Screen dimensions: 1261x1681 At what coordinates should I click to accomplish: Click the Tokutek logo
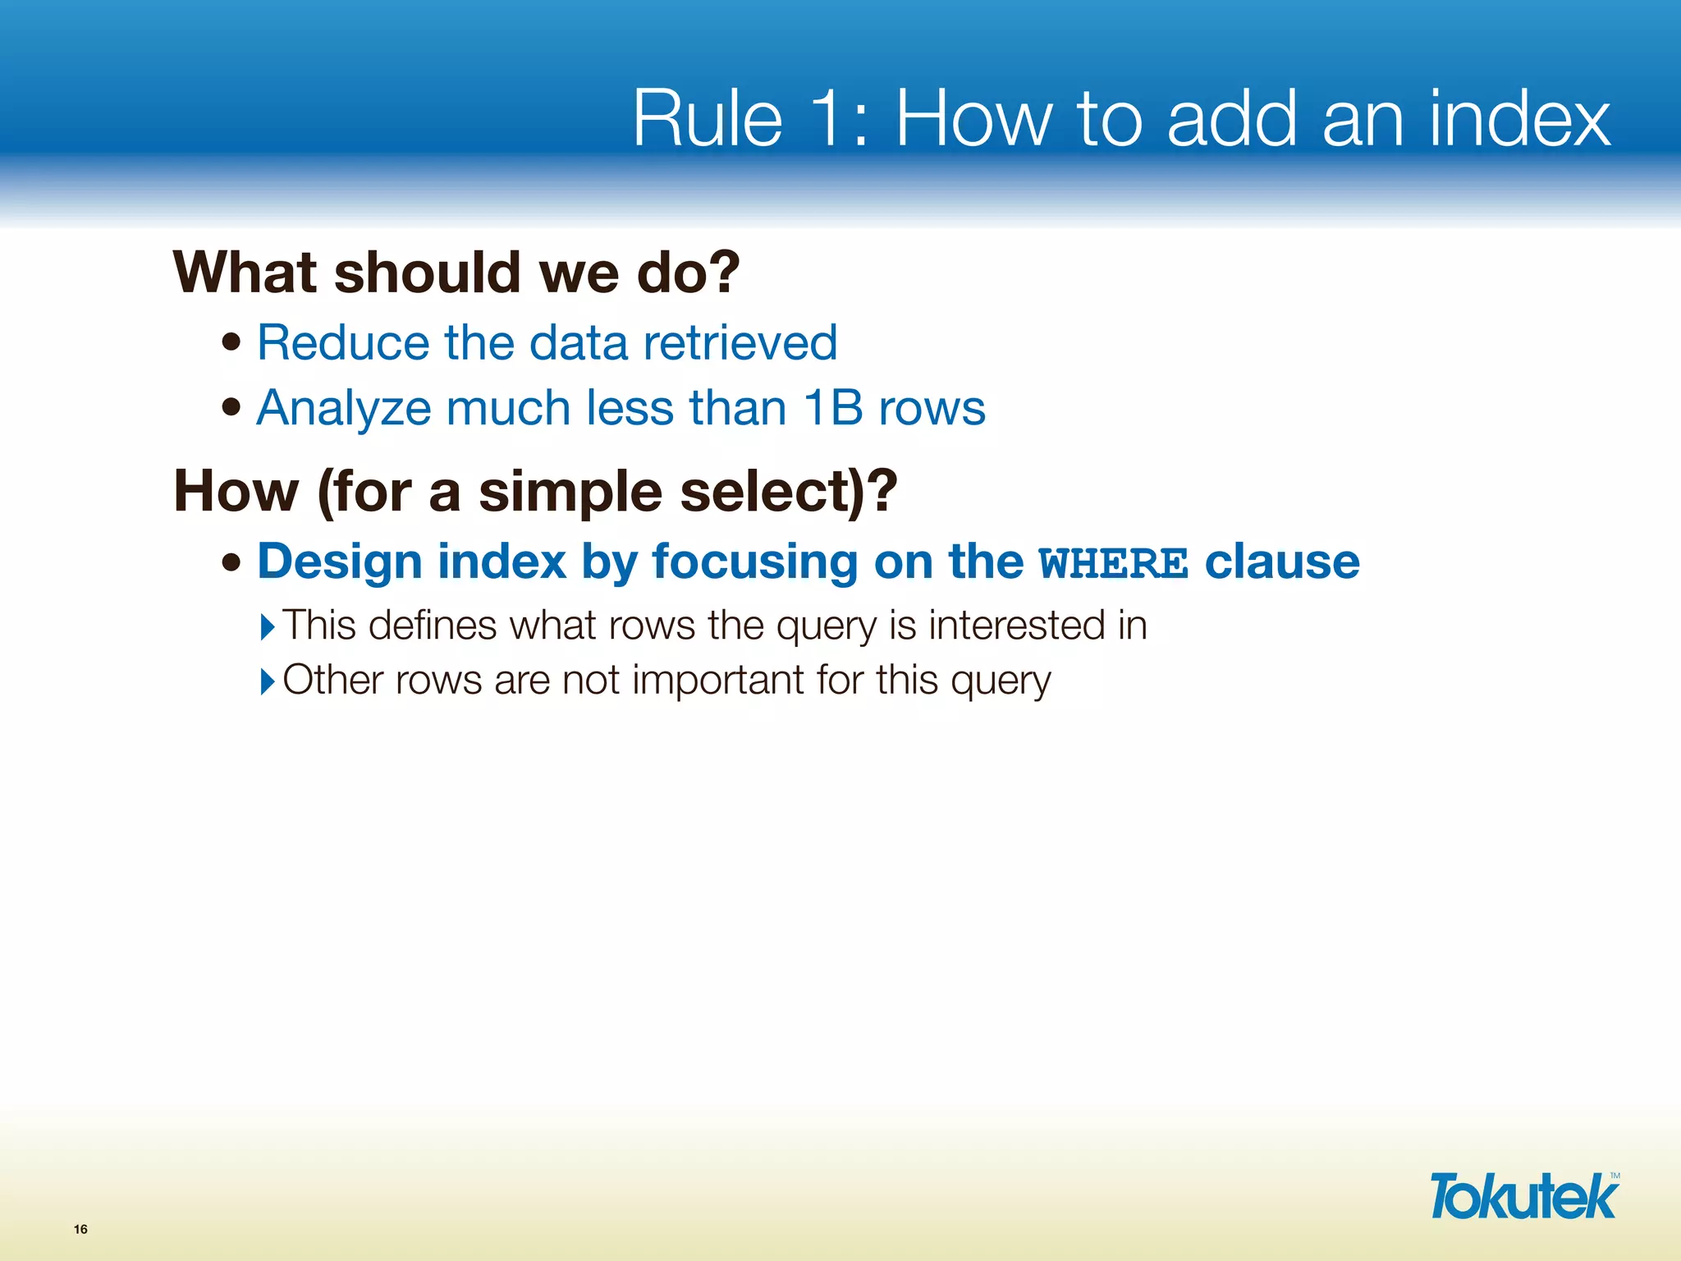point(1523,1196)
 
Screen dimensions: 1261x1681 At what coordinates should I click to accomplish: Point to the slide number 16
point(80,1229)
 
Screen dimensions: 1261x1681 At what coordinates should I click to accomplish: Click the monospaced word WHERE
point(1113,564)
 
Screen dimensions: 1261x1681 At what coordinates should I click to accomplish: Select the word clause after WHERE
point(1282,562)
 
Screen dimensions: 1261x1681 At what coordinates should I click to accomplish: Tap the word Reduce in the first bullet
point(343,342)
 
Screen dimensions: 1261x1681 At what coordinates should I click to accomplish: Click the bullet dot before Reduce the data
point(232,342)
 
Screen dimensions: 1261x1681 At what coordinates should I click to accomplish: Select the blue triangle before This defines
point(267,627)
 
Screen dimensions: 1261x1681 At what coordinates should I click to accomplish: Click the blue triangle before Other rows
point(267,681)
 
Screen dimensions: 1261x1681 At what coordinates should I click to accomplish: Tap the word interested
point(1016,626)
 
